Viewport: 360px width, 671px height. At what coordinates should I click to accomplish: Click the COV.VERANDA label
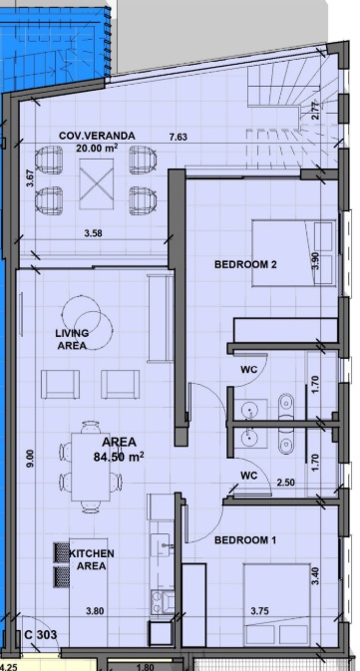[97, 136]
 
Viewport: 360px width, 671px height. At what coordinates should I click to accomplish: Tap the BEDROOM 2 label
[245, 264]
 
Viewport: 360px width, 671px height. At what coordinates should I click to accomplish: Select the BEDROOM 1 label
[245, 540]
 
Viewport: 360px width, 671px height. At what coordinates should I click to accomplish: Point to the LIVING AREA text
[72, 339]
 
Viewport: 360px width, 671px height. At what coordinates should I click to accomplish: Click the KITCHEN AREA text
[92, 559]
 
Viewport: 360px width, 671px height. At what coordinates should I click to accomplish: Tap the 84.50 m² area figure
[119, 457]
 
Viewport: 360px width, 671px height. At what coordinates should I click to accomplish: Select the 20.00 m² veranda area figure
[97, 148]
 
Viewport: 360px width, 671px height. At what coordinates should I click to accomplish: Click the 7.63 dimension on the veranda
[179, 137]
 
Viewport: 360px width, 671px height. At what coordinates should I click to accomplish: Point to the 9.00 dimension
[30, 458]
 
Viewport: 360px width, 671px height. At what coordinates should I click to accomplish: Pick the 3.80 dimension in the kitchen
[95, 611]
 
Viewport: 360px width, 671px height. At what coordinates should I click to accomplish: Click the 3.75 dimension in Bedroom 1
[260, 611]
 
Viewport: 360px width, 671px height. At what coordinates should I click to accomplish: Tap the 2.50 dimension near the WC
[285, 483]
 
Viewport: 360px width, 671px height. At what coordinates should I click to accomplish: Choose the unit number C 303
[41, 635]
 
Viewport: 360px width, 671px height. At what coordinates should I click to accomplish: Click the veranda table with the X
[97, 184]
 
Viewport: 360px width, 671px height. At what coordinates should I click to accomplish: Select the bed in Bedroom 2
[293, 253]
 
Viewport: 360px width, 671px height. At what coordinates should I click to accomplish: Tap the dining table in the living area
[91, 467]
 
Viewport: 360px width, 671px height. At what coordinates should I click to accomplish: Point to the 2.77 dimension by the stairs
[315, 111]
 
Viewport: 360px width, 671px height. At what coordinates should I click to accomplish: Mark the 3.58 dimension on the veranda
[94, 233]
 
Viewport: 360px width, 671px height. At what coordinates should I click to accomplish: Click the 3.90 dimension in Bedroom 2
[315, 260]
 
